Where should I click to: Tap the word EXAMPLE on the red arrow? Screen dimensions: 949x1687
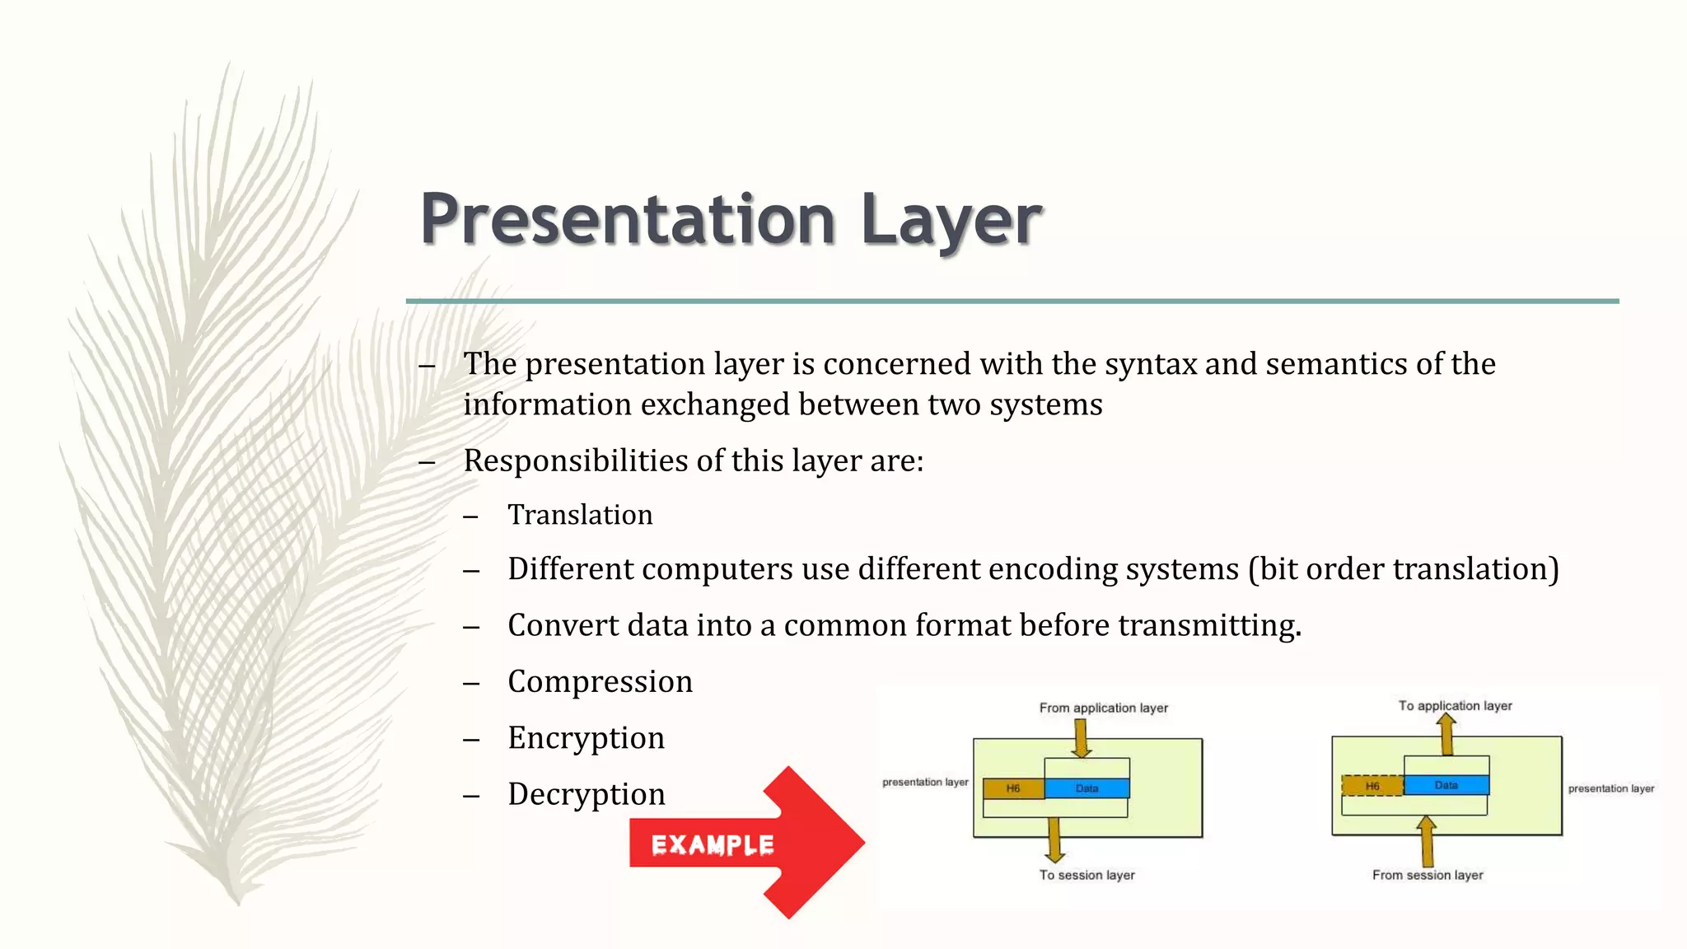[713, 845]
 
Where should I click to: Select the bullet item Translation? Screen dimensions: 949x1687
[580, 515]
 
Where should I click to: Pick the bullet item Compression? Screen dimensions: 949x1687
[600, 682]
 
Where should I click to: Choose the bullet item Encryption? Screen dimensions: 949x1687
[586, 738]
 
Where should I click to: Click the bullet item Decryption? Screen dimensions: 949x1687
[586, 794]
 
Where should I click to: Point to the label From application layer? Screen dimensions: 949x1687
[1103, 708]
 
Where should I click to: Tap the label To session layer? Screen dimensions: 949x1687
[1087, 875]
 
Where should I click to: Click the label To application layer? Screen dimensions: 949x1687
[1455, 706]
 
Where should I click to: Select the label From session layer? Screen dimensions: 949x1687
[1428, 875]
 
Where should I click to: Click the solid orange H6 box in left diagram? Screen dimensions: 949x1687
[1013, 788]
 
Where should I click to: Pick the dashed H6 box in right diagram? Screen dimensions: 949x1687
[1372, 786]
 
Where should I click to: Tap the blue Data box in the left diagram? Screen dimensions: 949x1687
[1087, 788]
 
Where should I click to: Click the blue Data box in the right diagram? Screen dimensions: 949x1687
[1446, 785]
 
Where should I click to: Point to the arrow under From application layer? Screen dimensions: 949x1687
[1082, 737]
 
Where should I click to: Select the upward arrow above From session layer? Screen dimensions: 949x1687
[1427, 840]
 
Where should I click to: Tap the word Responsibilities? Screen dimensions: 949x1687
[576, 460]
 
